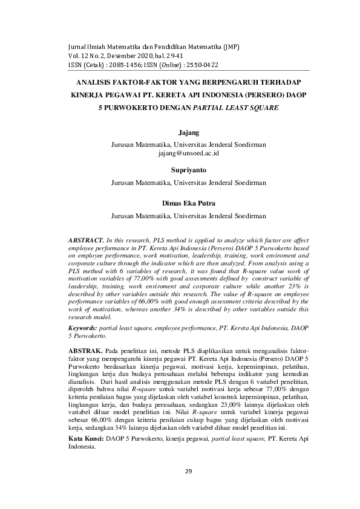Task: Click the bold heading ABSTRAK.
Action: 88,350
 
